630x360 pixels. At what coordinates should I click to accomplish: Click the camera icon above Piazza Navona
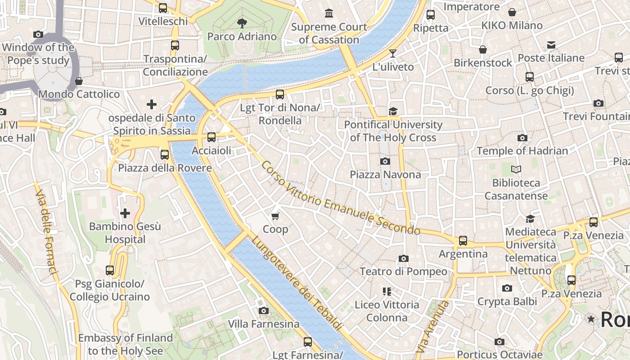click(x=385, y=161)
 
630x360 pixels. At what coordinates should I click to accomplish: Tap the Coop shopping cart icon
click(x=275, y=216)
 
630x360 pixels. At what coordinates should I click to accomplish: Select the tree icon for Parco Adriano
click(x=242, y=23)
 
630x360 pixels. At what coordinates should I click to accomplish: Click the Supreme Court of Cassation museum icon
click(x=329, y=13)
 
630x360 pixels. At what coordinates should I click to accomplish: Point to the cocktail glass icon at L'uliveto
click(x=393, y=54)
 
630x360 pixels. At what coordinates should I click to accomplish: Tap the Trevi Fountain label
click(x=596, y=117)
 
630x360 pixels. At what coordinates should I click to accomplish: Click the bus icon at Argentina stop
click(x=463, y=241)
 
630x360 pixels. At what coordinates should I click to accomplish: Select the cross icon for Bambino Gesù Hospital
click(x=125, y=213)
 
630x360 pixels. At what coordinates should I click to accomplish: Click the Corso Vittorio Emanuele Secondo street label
click(x=340, y=198)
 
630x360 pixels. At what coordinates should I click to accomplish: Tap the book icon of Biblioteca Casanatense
click(x=516, y=170)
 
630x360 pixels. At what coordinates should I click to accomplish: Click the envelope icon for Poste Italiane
click(x=551, y=45)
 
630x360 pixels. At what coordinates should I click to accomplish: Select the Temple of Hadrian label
click(x=522, y=151)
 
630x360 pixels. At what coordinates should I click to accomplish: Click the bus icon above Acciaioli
click(x=211, y=137)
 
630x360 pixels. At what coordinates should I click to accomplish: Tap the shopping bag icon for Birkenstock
click(x=483, y=49)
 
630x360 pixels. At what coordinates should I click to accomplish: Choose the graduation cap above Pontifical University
click(x=393, y=111)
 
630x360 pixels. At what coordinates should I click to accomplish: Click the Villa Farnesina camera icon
click(x=264, y=310)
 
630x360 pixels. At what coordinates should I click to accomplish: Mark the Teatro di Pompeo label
click(x=403, y=271)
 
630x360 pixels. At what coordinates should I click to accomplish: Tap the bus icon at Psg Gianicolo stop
click(x=110, y=270)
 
